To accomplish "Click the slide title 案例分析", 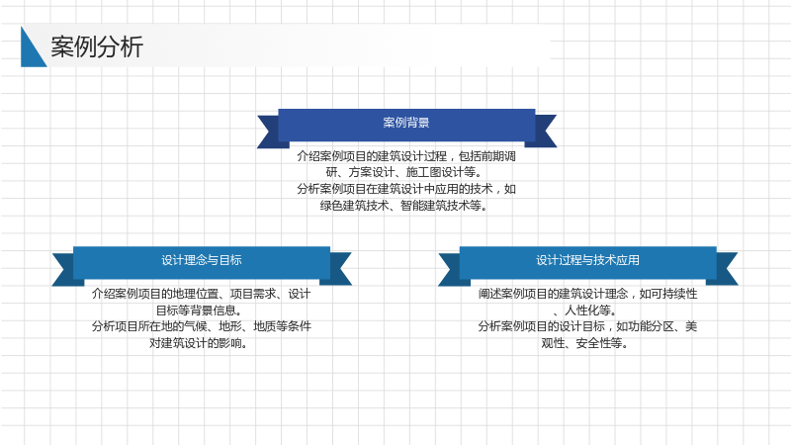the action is tap(97, 46).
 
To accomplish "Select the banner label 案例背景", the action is tap(406, 123).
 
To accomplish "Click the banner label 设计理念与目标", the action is tap(202, 260).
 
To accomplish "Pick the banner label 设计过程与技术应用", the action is tap(587, 260).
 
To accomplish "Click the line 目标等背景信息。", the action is tap(200, 310).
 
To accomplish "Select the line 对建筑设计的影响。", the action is tap(199, 343).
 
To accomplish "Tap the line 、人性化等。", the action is tap(585, 310).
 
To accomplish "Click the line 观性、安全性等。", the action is tap(585, 343).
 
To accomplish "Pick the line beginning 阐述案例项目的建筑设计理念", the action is tap(587, 294).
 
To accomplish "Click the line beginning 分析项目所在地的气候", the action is tap(202, 326).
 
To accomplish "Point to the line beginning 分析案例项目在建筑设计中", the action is tap(406, 189).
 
